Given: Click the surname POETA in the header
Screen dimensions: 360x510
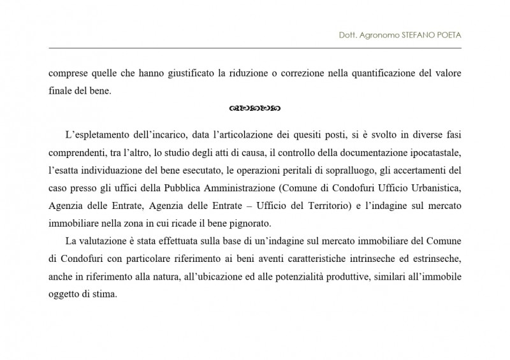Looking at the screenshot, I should point(447,36).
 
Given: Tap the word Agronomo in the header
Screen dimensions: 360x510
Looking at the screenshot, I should point(377,36).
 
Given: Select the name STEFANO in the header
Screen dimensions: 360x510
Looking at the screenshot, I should point(413,36).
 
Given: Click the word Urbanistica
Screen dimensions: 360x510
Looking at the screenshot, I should point(432,189).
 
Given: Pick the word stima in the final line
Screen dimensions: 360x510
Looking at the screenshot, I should point(105,296).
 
